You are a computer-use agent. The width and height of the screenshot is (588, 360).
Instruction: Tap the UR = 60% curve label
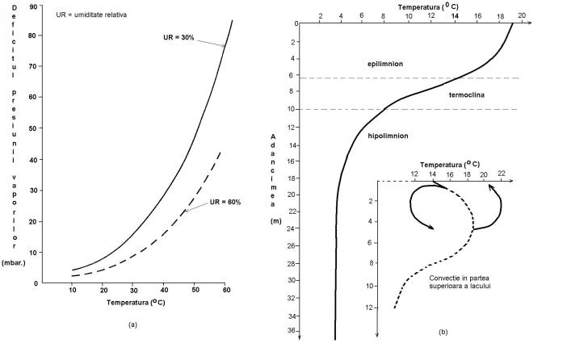pos(225,202)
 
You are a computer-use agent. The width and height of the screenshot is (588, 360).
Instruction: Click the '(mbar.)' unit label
pos(15,262)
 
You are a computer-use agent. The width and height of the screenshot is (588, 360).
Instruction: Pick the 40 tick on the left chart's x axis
pos(165,290)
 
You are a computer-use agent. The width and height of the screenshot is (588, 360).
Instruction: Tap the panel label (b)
pos(443,331)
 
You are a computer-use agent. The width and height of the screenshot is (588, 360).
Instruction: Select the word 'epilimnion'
pos(384,62)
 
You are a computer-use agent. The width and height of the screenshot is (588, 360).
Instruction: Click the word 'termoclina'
pos(468,94)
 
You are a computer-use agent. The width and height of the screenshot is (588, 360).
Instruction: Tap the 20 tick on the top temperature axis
pos(521,15)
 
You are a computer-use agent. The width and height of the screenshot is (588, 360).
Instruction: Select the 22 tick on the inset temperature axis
pos(501,173)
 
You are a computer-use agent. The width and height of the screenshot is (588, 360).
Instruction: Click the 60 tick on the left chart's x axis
pos(227,290)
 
